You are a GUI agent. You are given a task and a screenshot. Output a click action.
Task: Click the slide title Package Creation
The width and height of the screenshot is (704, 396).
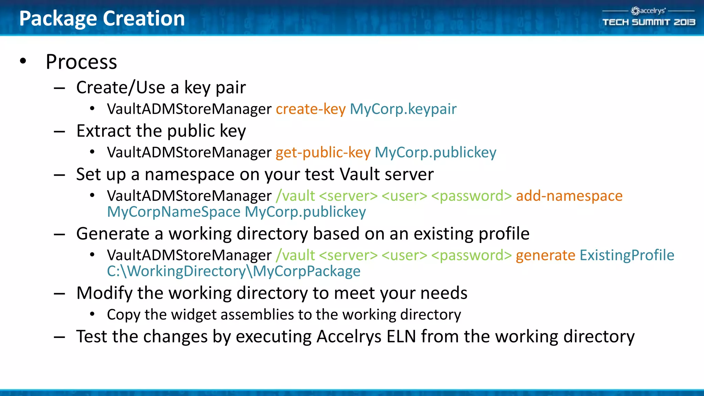pos(102,18)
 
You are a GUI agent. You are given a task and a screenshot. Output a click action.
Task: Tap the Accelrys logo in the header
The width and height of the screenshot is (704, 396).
pos(648,11)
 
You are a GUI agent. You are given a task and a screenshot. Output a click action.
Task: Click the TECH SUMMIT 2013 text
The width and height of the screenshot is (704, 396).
pos(649,22)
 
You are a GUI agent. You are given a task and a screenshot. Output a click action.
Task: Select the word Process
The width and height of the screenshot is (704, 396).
pos(81,62)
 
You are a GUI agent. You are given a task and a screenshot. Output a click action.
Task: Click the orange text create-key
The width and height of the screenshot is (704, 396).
pos(310,109)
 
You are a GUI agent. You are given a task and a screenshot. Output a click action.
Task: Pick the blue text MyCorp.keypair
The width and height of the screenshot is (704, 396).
pos(403,109)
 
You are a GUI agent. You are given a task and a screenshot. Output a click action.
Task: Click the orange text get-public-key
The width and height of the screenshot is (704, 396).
pos(323,152)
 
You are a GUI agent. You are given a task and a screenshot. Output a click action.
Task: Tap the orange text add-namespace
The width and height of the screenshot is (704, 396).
pos(569,196)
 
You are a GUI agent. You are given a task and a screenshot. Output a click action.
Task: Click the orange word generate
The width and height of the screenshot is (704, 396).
pos(545,255)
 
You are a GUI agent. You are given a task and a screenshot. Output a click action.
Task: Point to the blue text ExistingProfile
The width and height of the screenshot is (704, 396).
pos(627,255)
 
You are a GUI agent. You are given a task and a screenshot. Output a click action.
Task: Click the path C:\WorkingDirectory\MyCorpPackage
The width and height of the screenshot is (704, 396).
pos(233,271)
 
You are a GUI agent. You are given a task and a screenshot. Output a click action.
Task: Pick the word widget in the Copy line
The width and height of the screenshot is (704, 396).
pos(193,315)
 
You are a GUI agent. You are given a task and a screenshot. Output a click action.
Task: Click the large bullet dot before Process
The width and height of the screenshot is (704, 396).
pos(23,61)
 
